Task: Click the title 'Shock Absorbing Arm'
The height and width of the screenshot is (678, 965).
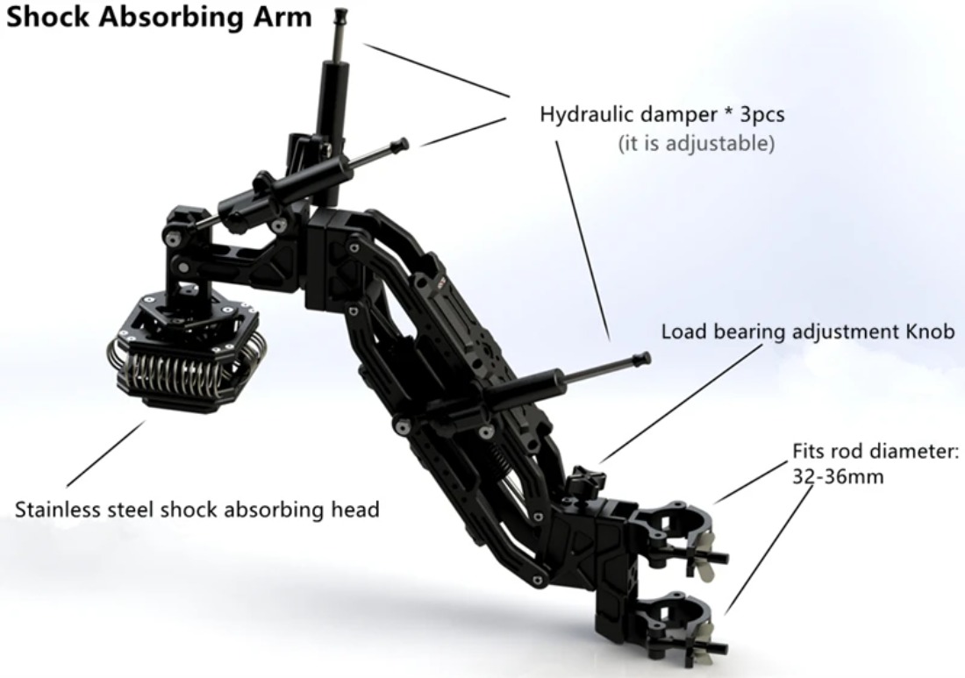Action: click(x=159, y=18)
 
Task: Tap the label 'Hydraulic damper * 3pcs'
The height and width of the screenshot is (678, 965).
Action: click(x=662, y=114)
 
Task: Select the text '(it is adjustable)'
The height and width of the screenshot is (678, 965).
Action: click(x=696, y=143)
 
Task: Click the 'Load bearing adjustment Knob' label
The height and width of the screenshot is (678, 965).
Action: click(x=808, y=332)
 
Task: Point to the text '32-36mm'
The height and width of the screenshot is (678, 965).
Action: click(x=838, y=477)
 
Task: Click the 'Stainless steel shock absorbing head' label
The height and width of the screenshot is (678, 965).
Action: click(x=197, y=510)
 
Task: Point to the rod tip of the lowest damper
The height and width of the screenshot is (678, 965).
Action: click(x=642, y=357)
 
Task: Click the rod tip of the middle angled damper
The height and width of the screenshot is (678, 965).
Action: click(x=403, y=144)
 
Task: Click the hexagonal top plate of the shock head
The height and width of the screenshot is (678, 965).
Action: click(x=184, y=317)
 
